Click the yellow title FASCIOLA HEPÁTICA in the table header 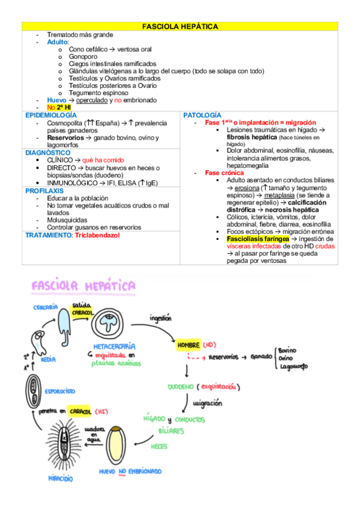click(x=179, y=27)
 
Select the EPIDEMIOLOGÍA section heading click(x=51, y=115)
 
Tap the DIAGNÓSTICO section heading click(x=48, y=153)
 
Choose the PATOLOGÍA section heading click(x=202, y=115)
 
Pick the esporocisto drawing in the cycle click(x=34, y=391)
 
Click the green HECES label click(x=159, y=446)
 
